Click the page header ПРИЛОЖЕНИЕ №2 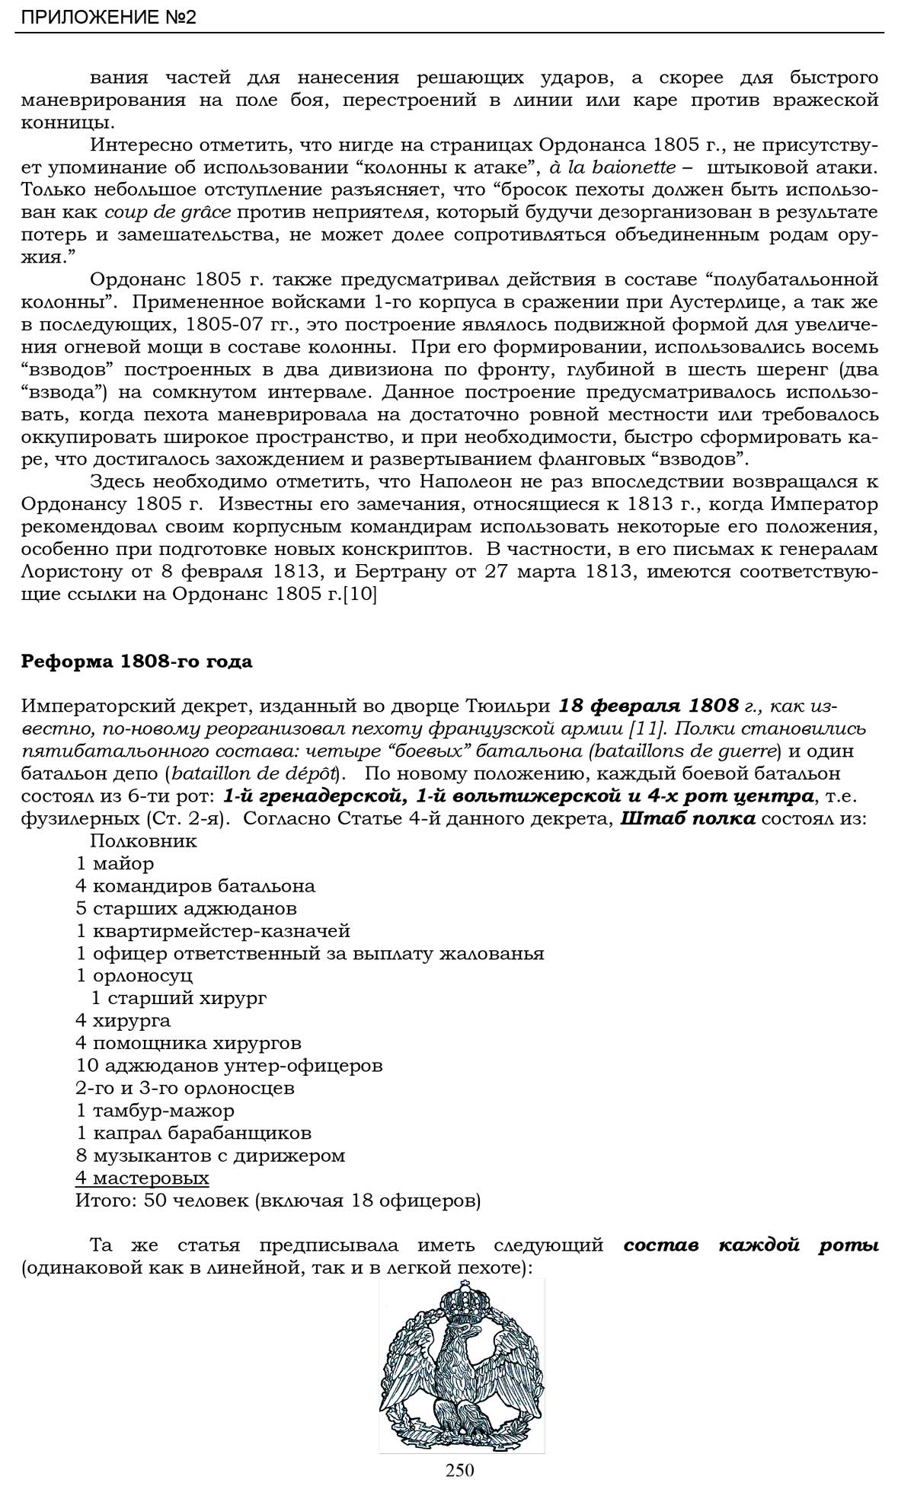tap(108, 17)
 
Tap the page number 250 tap(460, 1469)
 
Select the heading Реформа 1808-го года tap(136, 662)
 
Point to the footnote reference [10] tap(360, 594)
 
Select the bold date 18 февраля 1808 tap(648, 706)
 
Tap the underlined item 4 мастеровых tap(142, 1178)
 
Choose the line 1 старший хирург tap(178, 998)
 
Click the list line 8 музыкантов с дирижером tap(210, 1155)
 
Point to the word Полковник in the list tap(143, 841)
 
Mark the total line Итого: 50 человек tap(277, 1201)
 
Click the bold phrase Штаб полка tap(688, 818)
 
